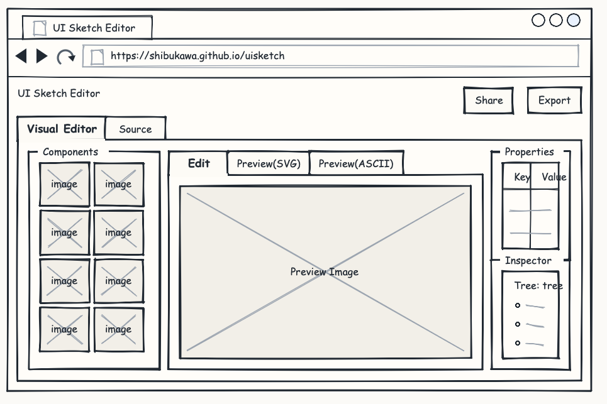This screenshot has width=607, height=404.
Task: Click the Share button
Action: click(489, 101)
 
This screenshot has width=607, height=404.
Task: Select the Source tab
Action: click(135, 129)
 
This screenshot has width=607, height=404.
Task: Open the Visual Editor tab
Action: click(62, 128)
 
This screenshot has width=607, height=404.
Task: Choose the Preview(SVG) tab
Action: click(268, 163)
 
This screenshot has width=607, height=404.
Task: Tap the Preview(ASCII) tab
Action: click(356, 163)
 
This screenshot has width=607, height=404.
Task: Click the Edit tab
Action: click(199, 163)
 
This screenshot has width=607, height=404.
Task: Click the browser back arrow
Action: click(21, 56)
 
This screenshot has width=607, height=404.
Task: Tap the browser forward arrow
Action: click(42, 56)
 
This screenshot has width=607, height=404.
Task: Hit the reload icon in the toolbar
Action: click(66, 57)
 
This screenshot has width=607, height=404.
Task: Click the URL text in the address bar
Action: click(198, 56)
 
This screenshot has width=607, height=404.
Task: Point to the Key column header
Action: click(522, 177)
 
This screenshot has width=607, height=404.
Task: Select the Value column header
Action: click(554, 177)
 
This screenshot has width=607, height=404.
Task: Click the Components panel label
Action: click(70, 152)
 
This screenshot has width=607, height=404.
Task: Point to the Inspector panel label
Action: click(528, 261)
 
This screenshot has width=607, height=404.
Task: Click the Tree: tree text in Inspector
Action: click(538, 286)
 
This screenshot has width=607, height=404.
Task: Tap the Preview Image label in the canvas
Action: click(325, 272)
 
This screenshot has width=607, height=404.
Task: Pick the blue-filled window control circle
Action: click(573, 20)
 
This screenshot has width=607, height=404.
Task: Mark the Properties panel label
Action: click(529, 152)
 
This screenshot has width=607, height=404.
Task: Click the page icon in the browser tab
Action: click(40, 28)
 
